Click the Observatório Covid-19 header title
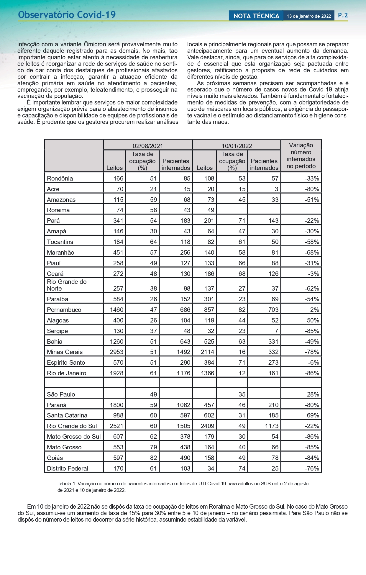[x=67, y=15]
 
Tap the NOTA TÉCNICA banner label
[x=256, y=16]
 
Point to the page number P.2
[x=343, y=15]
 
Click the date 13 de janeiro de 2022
[x=309, y=16]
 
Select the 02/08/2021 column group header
[x=148, y=146]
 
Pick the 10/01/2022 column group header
[x=237, y=146]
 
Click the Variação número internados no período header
[x=301, y=155]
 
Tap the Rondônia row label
[x=60, y=178]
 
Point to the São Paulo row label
[x=61, y=394]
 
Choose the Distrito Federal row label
[x=68, y=468]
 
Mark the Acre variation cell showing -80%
[x=312, y=189]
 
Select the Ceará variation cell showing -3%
[x=314, y=274]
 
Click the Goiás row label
[x=55, y=458]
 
